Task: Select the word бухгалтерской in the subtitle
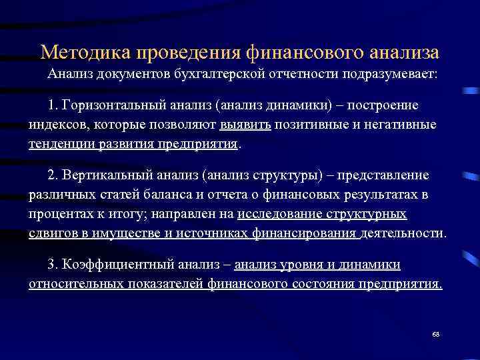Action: pyautogui.click(x=219, y=74)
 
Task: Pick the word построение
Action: pyautogui.click(x=387, y=107)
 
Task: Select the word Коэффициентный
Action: pyautogui.click(x=113, y=265)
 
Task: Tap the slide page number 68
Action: pyautogui.click(x=435, y=333)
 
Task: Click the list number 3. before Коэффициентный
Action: pyautogui.click(x=54, y=265)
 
